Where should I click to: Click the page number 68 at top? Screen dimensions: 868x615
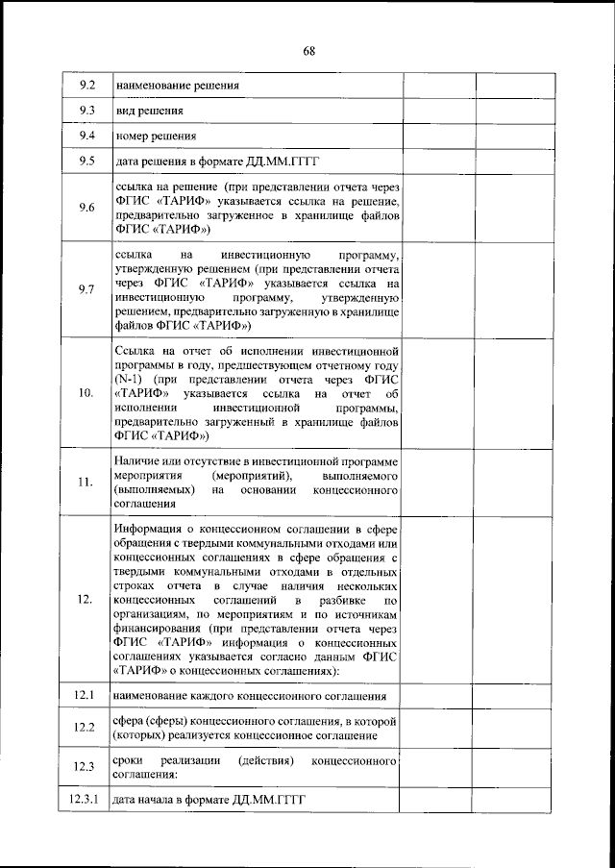307,51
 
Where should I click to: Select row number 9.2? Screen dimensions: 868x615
85,85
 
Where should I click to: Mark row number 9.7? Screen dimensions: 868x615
85,288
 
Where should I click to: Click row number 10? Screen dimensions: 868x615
85,393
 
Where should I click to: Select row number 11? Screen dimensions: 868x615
85,481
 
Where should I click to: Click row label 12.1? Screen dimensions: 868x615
85,693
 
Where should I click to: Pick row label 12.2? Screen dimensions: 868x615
85,727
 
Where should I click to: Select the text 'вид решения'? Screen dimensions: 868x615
149,111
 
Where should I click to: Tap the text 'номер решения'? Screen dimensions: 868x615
156,136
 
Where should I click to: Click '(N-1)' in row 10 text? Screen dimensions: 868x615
129,380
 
